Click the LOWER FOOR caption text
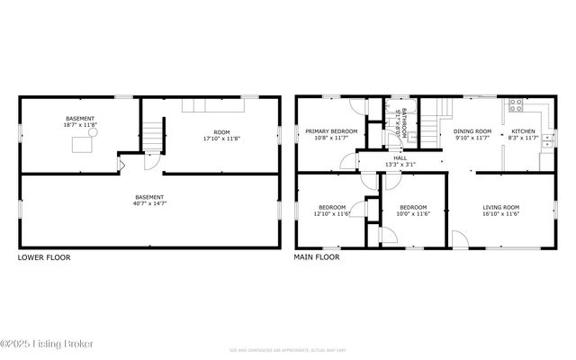pyautogui.click(x=44, y=257)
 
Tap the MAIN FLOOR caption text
pyautogui.click(x=317, y=257)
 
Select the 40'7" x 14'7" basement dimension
pyautogui.click(x=149, y=203)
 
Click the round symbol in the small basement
pyautogui.click(x=92, y=131)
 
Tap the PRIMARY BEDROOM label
pyautogui.click(x=331, y=131)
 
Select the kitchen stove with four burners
pyautogui.click(x=517, y=104)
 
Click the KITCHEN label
pyautogui.click(x=523, y=131)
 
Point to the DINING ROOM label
pyautogui.click(x=472, y=131)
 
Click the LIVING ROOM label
pyautogui.click(x=501, y=207)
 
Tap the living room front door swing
pyautogui.click(x=459, y=238)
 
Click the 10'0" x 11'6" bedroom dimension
pyautogui.click(x=414, y=213)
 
